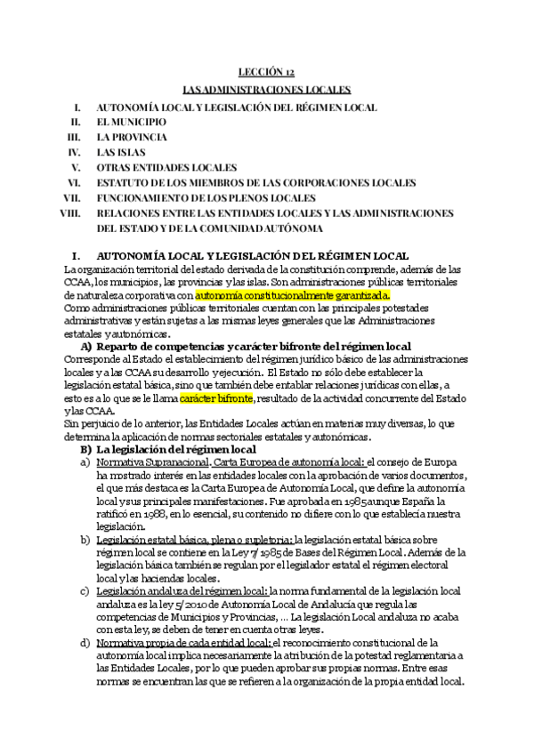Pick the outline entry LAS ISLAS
point(123,152)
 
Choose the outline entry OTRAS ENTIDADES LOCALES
point(166,167)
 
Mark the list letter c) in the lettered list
point(85,591)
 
